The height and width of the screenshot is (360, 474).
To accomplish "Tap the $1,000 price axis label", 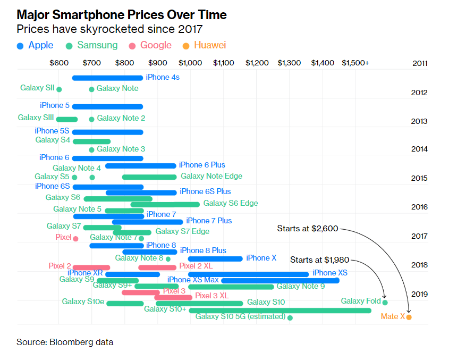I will (x=190, y=63).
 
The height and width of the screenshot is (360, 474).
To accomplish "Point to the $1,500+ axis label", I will (x=355, y=63).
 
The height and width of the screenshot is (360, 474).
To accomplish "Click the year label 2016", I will (x=419, y=207).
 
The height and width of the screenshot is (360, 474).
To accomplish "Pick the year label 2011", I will (x=420, y=63).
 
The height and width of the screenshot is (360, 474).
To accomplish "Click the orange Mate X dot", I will (x=409, y=317).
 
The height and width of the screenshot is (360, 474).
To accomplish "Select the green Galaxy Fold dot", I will (x=385, y=302).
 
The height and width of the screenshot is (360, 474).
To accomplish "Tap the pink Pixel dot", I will (x=75, y=238).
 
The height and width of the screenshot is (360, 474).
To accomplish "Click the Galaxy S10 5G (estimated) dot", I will (x=290, y=317).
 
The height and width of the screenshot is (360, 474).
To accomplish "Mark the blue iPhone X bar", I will (x=215, y=258).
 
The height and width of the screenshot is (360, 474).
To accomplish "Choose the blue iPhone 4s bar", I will (x=107, y=78).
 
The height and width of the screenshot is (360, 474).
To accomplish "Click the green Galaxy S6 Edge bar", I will (x=165, y=204).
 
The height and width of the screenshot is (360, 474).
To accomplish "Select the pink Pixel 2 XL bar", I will (x=157, y=267).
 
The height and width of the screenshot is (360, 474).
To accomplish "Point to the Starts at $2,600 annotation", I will (x=307, y=229).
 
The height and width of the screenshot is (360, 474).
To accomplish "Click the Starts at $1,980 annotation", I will (x=319, y=260).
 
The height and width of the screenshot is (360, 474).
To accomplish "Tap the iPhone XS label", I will (x=330, y=273).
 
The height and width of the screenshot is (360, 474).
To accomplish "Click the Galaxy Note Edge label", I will (x=211, y=176).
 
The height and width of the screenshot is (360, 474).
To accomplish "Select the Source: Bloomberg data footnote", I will (x=65, y=342).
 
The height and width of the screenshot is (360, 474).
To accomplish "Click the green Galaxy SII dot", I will (x=59, y=89).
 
